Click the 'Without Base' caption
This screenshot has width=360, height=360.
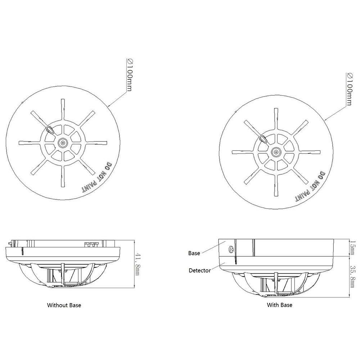(64, 305)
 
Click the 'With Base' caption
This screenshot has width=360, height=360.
(279, 305)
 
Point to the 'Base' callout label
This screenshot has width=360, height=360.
(194, 253)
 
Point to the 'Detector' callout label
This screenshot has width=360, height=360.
(199, 270)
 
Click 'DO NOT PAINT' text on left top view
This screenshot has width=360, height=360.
(95, 177)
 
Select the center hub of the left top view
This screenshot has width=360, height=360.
(63, 143)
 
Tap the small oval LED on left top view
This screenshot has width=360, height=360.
(50, 129)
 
